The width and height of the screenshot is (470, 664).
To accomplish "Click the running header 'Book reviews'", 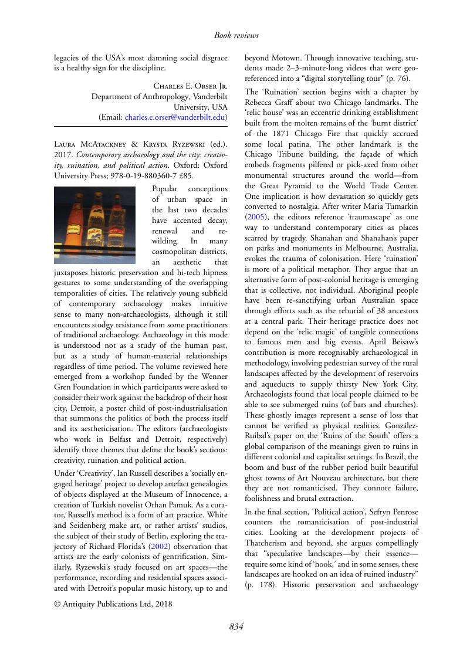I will pos(236,36).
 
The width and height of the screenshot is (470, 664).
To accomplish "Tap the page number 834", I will pos(236,626).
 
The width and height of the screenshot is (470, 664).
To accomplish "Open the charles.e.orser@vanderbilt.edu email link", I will pos(175,117).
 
